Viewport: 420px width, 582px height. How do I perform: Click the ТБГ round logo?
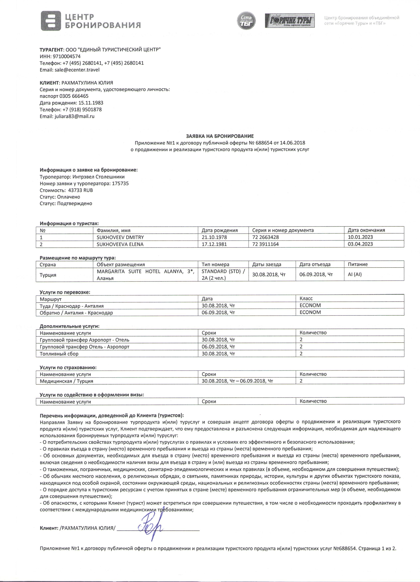click(246, 20)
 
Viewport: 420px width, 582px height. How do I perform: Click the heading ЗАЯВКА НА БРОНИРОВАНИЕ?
click(220, 136)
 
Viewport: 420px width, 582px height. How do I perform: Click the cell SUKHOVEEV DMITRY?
click(120, 237)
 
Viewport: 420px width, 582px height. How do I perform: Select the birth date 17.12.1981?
click(214, 244)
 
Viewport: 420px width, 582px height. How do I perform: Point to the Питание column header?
click(358, 264)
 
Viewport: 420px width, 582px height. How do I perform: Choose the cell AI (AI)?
click(355, 274)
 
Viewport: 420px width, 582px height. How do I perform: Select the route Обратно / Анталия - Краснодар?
click(76, 313)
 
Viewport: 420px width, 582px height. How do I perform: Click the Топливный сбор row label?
click(59, 354)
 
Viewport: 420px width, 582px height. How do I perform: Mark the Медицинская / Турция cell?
click(66, 381)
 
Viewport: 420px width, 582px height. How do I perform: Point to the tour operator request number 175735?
click(120, 184)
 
